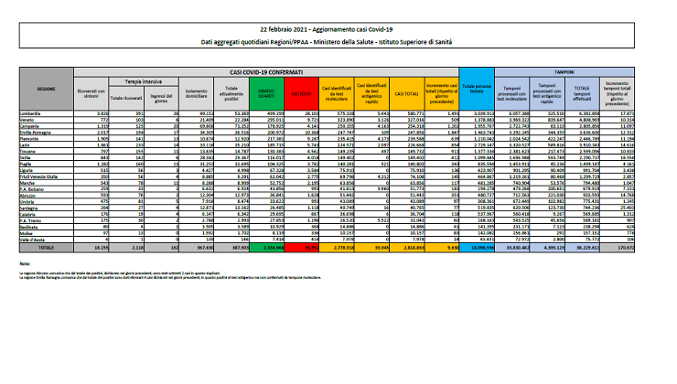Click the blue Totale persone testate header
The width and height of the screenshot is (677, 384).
click(474, 92)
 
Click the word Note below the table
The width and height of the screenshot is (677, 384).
click(24, 262)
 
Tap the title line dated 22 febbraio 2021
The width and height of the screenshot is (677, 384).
click(338, 31)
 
